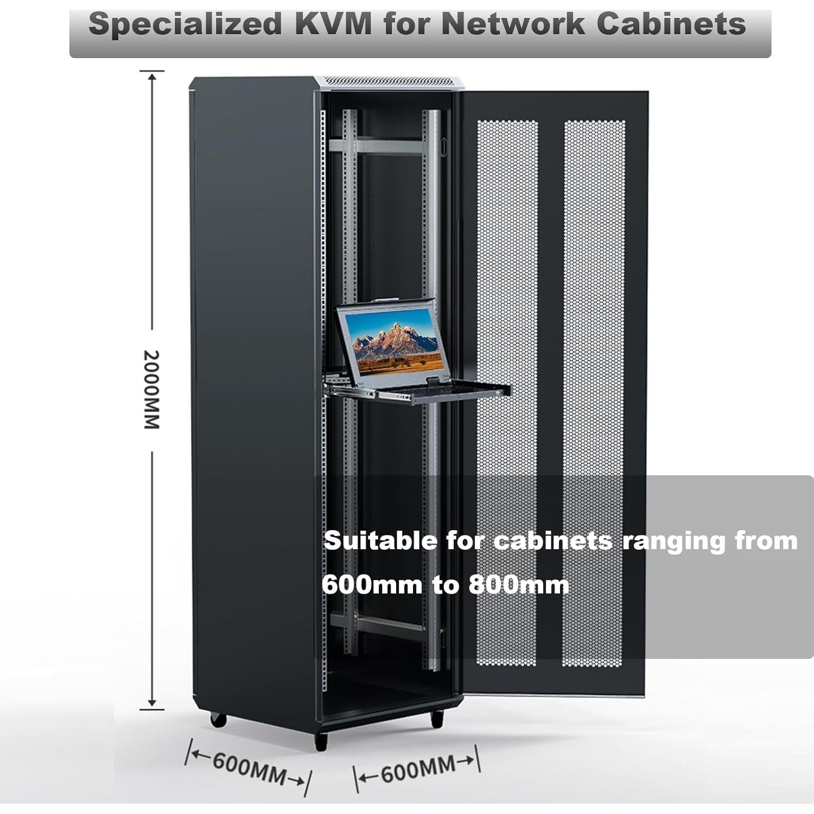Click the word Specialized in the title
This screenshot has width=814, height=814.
(x=185, y=24)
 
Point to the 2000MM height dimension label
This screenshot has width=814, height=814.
(x=151, y=390)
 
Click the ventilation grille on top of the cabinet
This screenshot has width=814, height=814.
(x=389, y=81)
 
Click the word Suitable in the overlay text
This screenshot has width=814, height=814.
(x=380, y=541)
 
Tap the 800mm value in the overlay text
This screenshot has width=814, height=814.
(x=518, y=585)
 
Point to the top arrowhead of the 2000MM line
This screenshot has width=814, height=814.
(x=152, y=77)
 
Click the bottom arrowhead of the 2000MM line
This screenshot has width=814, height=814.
(x=152, y=703)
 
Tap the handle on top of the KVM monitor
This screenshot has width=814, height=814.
(x=386, y=300)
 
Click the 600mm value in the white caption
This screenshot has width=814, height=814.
(x=372, y=585)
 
